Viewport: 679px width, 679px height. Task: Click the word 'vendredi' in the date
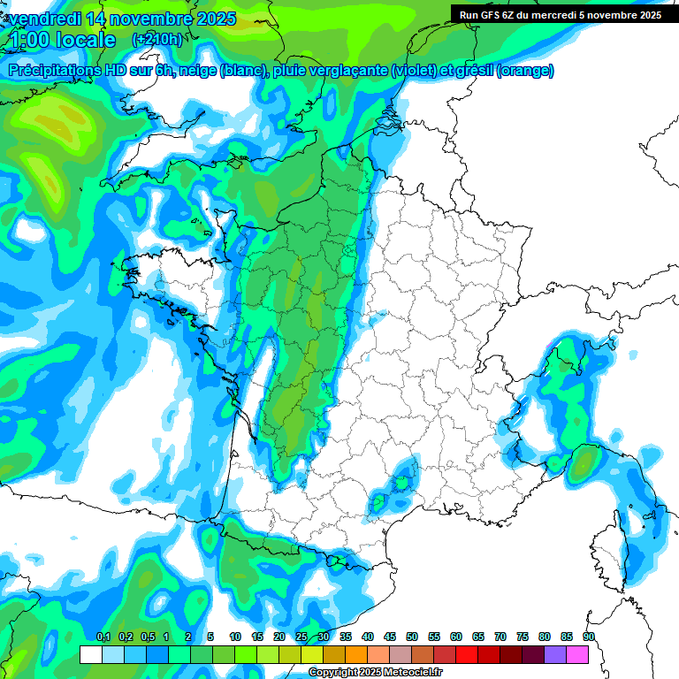pos(45,19)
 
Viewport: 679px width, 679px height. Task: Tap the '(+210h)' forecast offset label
pos(157,39)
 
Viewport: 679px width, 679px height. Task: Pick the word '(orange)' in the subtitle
pos(525,71)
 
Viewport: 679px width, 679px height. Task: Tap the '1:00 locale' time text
pos(62,40)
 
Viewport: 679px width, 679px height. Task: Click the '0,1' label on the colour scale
pos(103,637)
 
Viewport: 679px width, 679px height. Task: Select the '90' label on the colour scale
pos(589,637)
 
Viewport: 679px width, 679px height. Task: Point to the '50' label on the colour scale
pos(412,637)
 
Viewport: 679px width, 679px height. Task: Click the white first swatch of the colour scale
pos(90,654)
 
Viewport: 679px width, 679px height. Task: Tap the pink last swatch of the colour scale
pos(577,654)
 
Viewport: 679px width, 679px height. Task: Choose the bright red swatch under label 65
pos(467,654)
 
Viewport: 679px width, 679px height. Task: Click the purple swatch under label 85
pos(555,654)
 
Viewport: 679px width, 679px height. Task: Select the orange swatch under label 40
pos(356,654)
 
